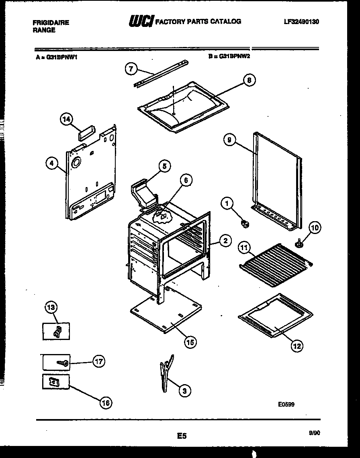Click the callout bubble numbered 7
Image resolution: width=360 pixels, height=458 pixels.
coord(130,69)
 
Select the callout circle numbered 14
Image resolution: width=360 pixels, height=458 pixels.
coord(67,119)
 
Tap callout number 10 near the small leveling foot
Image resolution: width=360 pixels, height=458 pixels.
coord(315,228)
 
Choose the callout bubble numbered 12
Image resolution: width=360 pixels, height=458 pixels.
coord(297,346)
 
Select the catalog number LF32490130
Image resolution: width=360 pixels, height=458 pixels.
coord(301,22)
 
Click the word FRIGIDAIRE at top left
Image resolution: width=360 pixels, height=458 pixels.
coord(51,23)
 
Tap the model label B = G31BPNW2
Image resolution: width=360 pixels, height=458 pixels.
coord(229,57)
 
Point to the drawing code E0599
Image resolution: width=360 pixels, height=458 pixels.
coord(286,404)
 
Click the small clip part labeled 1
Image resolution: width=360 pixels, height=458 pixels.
coord(245,223)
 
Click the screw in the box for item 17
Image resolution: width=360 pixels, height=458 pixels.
coord(63,363)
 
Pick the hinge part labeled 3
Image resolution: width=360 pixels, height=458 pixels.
coord(166,371)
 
